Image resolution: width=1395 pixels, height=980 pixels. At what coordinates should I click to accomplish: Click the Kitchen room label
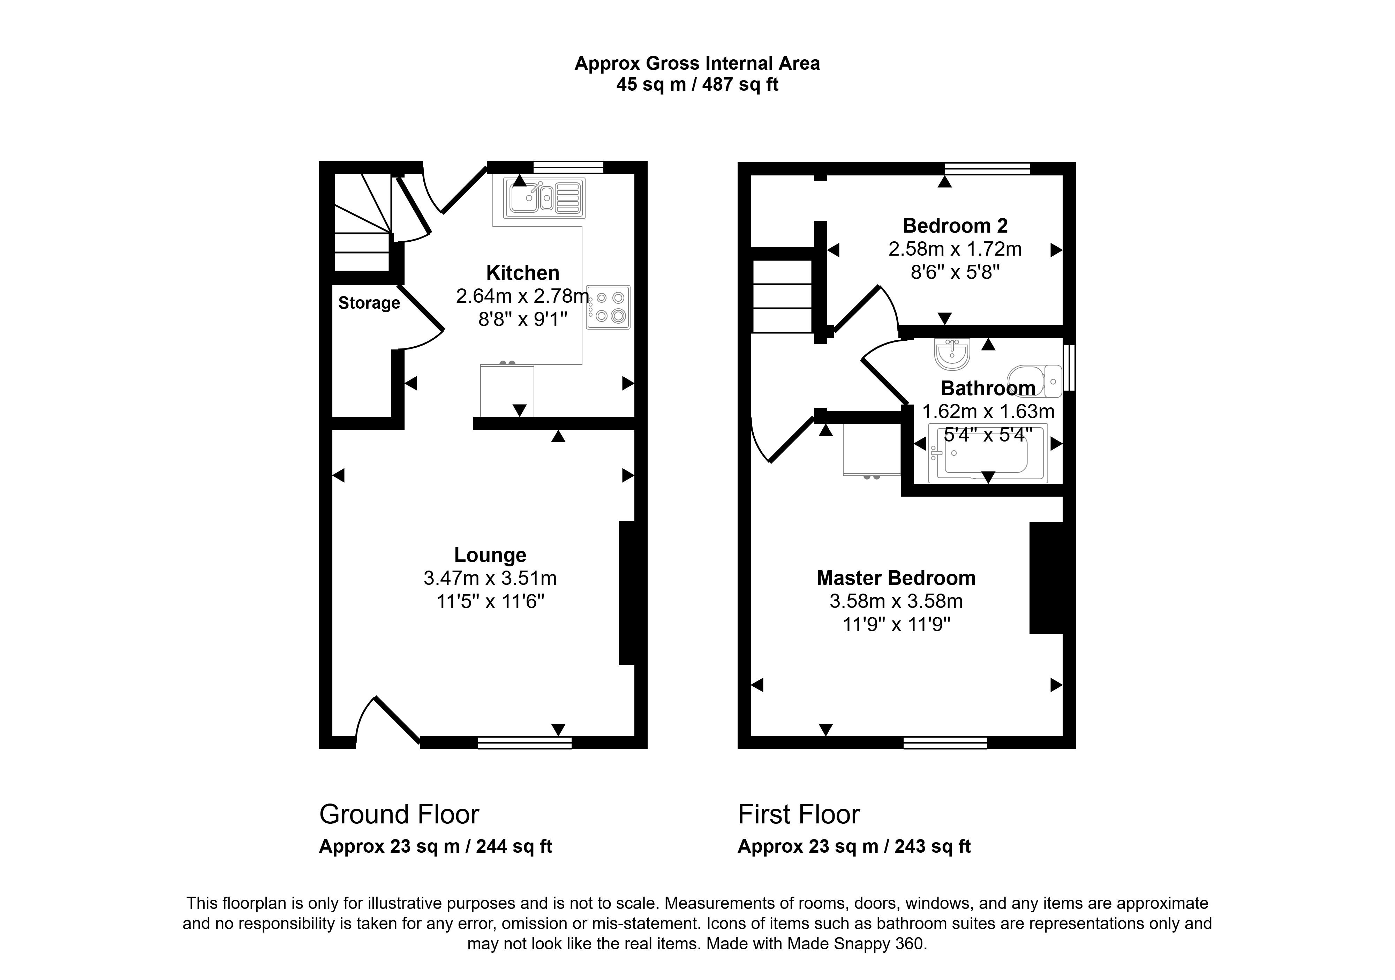point(522,273)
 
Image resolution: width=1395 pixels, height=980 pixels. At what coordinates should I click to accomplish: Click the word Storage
point(369,303)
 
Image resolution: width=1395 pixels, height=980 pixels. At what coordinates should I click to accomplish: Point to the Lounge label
point(490,555)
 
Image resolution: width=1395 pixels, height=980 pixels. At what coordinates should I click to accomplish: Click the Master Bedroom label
point(896,578)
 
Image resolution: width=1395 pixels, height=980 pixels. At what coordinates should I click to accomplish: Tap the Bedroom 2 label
point(955,226)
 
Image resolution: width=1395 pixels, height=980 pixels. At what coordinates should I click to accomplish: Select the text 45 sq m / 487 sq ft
point(697,84)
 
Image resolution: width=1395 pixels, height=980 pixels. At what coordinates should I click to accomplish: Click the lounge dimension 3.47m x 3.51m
point(490,578)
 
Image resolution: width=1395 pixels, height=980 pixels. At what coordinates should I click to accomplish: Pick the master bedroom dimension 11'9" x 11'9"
point(896,625)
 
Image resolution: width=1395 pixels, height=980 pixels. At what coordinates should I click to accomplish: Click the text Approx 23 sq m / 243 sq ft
point(854,846)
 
